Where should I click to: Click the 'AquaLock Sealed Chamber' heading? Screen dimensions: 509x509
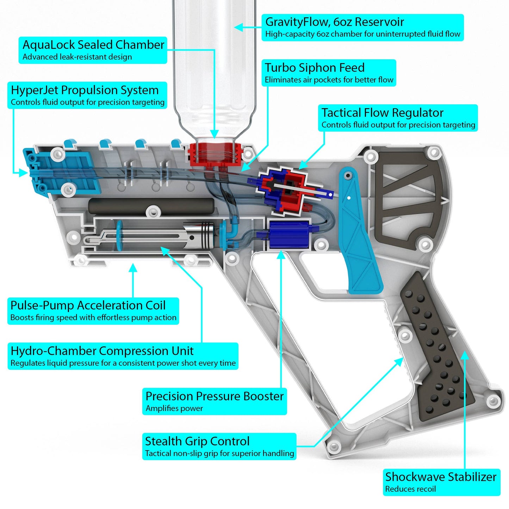tap(93, 45)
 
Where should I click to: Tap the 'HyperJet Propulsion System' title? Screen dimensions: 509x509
tap(85, 90)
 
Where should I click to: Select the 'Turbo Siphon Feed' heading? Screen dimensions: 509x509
tap(315, 68)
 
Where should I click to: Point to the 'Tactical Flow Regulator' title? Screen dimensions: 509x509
tap(382, 113)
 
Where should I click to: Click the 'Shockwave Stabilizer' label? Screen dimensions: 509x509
tap(441, 477)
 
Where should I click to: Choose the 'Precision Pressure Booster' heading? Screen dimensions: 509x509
tap(215, 396)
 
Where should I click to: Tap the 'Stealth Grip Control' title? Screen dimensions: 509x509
tap(197, 441)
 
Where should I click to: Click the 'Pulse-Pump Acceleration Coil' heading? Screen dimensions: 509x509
tap(88, 305)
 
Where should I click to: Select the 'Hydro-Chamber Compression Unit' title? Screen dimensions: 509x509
tap(102, 351)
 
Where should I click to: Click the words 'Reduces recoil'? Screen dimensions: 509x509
tap(410, 489)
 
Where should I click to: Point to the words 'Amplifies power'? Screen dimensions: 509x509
tap(174, 408)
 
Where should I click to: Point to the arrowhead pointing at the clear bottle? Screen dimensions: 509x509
tap(239, 27)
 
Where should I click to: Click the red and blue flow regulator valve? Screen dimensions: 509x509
tap(287, 190)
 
